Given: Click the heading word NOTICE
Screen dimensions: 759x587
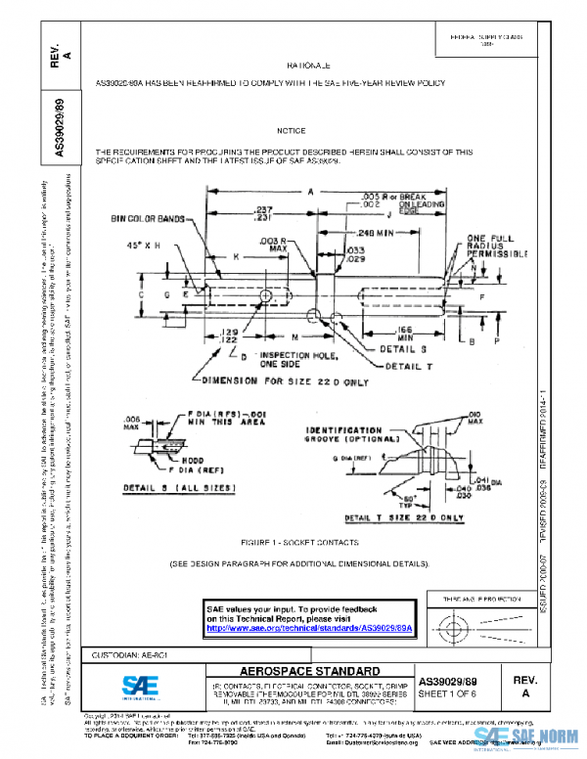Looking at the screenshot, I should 291,130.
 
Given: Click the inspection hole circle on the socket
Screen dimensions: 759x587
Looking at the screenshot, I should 265,295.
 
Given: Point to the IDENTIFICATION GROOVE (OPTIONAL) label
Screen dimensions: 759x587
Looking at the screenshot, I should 345,435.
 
